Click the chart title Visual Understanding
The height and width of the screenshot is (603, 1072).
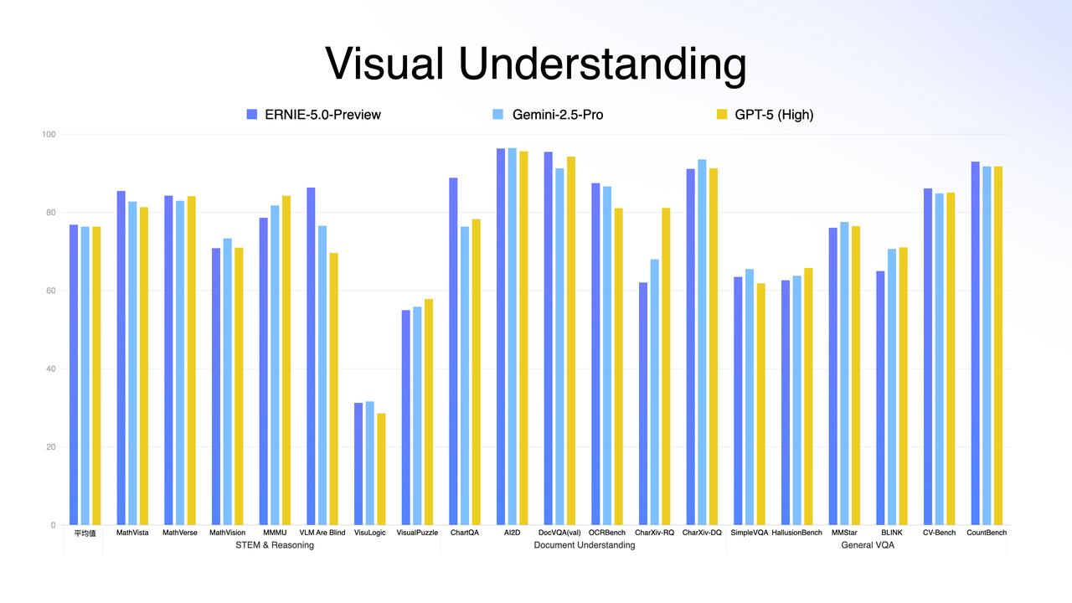(535, 64)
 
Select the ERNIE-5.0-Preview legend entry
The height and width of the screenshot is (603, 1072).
(313, 115)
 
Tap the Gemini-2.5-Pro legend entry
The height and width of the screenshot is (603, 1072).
(548, 115)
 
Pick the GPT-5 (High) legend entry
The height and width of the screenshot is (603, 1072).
(765, 115)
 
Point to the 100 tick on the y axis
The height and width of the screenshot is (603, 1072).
(49, 135)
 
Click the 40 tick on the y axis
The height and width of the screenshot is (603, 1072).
(51, 369)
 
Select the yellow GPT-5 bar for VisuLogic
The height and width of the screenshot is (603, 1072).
(381, 469)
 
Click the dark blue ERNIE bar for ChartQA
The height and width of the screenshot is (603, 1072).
(453, 351)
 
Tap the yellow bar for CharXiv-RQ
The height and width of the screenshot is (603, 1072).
(666, 367)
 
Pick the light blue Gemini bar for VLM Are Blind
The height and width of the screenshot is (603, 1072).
(322, 375)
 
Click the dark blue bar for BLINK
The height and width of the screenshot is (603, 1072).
(880, 398)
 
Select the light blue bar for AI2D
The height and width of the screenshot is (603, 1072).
(512, 337)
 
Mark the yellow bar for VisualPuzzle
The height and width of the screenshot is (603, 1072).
(429, 412)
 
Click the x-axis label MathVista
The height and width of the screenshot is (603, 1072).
(132, 533)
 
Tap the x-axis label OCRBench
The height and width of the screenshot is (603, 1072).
(607, 533)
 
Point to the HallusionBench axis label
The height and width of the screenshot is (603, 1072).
(796, 533)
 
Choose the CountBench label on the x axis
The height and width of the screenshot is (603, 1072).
(987, 533)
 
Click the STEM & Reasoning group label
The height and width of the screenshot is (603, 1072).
(275, 545)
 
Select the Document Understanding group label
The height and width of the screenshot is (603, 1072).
(585, 545)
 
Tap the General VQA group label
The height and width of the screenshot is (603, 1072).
(868, 545)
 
